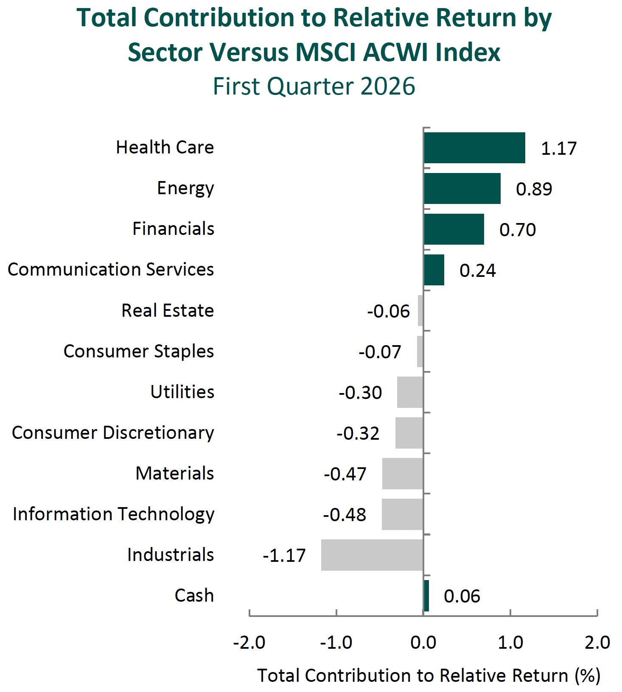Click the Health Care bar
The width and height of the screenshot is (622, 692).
[474, 148]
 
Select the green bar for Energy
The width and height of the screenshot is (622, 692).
[462, 188]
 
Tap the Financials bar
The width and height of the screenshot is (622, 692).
[454, 229]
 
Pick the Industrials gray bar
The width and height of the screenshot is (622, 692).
[372, 555]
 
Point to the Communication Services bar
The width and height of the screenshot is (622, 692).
[434, 270]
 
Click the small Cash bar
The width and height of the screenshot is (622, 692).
[426, 595]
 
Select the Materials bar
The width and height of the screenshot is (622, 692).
[403, 473]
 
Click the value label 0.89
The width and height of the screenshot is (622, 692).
[534, 189]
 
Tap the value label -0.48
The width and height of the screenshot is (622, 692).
[345, 515]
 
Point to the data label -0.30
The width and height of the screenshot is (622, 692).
[360, 393]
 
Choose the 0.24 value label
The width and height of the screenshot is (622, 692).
[477, 271]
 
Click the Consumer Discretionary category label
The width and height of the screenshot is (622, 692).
[113, 432]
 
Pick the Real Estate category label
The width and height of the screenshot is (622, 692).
[168, 310]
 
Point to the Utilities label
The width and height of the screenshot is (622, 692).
[182, 392]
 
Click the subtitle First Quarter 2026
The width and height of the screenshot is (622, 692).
[314, 86]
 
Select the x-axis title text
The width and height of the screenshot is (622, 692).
[429, 675]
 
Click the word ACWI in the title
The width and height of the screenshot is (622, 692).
[391, 53]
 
